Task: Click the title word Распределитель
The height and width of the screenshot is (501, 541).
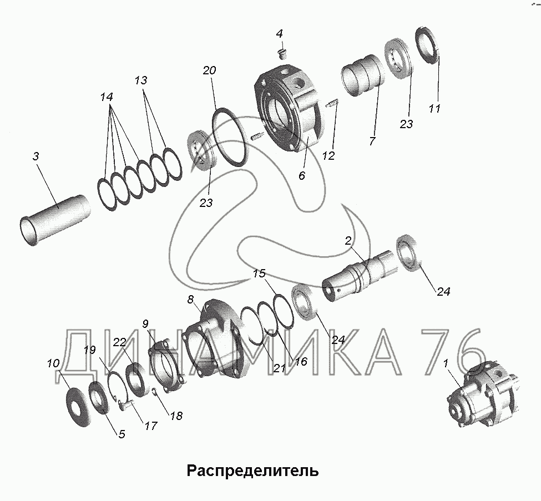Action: (252, 470)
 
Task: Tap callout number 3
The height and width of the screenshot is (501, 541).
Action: (36, 156)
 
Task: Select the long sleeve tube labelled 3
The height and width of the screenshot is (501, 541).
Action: (54, 220)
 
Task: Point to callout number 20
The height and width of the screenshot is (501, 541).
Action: (209, 70)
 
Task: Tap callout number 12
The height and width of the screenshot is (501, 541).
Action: (329, 156)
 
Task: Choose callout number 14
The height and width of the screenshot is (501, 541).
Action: (107, 97)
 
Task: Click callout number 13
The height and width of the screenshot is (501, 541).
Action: (141, 80)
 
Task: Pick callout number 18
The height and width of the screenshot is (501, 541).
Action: (176, 416)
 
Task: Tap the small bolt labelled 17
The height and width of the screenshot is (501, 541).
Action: (125, 404)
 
